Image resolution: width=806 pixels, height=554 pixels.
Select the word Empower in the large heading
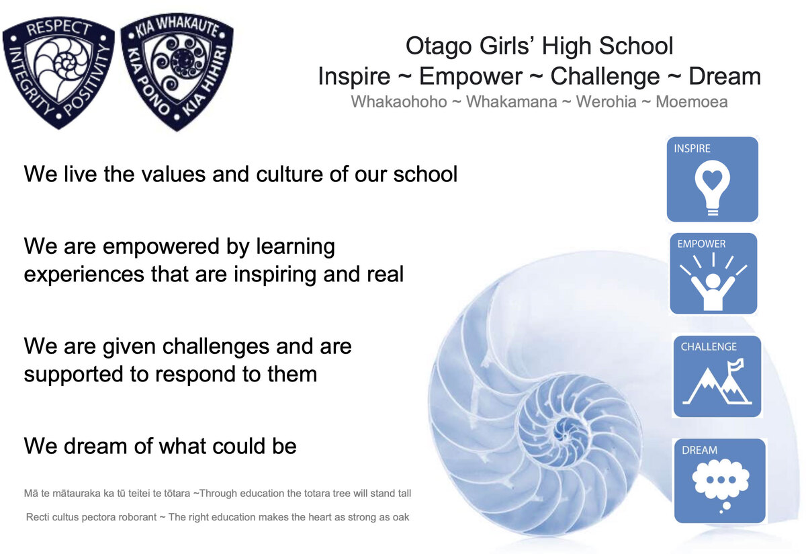click(x=471, y=77)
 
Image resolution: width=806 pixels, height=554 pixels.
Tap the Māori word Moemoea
click(x=692, y=102)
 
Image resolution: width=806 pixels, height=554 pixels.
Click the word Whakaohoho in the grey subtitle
click(x=399, y=102)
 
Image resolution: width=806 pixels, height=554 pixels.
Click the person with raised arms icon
click(x=713, y=283)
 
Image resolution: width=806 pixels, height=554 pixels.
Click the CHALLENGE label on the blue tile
click(x=709, y=347)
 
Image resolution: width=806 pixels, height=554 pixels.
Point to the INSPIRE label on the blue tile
click(x=692, y=148)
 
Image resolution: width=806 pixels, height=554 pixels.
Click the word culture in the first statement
click(x=289, y=175)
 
